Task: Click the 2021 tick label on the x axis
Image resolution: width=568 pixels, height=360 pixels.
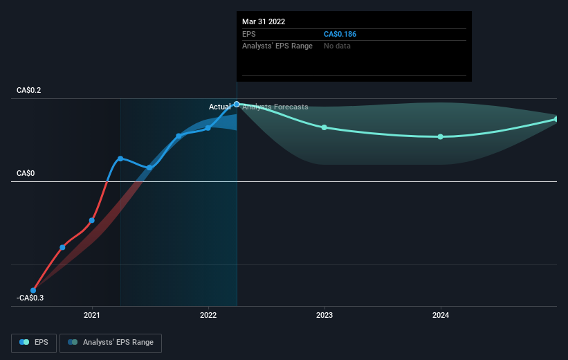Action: click(91, 315)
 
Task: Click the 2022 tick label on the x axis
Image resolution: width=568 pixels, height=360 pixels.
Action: click(208, 315)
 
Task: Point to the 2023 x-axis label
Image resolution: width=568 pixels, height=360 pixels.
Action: click(324, 315)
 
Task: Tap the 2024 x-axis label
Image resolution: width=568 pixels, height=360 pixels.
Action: click(441, 315)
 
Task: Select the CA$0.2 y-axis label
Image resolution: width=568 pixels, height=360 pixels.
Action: click(28, 90)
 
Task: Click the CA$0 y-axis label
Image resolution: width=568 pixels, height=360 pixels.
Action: click(26, 173)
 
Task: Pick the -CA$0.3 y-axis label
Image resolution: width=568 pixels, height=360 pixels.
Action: click(30, 298)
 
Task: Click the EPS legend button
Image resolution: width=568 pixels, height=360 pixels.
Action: click(34, 343)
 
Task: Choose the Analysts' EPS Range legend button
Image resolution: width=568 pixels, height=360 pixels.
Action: click(111, 343)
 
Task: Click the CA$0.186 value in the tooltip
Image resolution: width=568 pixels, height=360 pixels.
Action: click(340, 34)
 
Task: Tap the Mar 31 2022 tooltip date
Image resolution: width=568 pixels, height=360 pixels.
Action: click(264, 21)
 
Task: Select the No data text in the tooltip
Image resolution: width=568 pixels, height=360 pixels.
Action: click(337, 46)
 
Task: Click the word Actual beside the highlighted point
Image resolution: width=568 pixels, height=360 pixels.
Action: click(219, 107)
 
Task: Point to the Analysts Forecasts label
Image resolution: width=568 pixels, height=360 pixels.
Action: click(275, 107)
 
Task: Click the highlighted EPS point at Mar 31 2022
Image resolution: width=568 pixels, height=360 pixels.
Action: click(237, 105)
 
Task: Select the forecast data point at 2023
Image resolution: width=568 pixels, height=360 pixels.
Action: click(324, 127)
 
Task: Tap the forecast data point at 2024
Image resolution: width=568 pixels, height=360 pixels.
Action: click(441, 136)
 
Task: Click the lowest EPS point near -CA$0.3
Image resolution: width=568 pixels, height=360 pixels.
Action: click(33, 290)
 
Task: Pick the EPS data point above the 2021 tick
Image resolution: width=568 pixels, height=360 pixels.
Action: click(91, 220)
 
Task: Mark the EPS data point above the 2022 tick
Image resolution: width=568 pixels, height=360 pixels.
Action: click(208, 128)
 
